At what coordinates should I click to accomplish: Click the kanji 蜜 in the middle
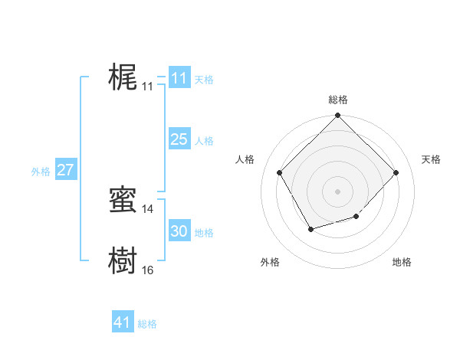(x=123, y=200)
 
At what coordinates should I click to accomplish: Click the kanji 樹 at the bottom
(x=123, y=261)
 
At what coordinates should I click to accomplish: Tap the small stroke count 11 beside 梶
(x=147, y=87)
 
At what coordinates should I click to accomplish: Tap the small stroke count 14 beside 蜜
(x=147, y=209)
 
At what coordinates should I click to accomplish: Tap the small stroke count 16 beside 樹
(x=147, y=270)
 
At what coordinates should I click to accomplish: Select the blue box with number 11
(x=179, y=78)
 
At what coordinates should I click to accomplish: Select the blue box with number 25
(x=179, y=139)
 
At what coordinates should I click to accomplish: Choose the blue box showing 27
(x=65, y=170)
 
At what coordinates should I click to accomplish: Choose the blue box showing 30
(x=179, y=231)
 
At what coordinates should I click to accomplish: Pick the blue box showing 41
(x=123, y=322)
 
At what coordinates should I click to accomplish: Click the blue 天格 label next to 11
(x=204, y=80)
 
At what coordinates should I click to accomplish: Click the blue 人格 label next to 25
(x=204, y=141)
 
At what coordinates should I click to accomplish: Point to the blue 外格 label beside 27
(x=41, y=172)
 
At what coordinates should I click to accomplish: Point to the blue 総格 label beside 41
(x=147, y=324)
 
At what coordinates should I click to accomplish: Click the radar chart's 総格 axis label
(x=337, y=100)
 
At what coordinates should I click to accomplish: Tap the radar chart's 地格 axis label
(x=402, y=262)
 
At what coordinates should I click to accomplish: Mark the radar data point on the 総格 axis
(x=337, y=116)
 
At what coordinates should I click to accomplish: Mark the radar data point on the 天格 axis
(x=396, y=172)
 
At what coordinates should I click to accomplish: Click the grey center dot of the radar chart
(x=337, y=191)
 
